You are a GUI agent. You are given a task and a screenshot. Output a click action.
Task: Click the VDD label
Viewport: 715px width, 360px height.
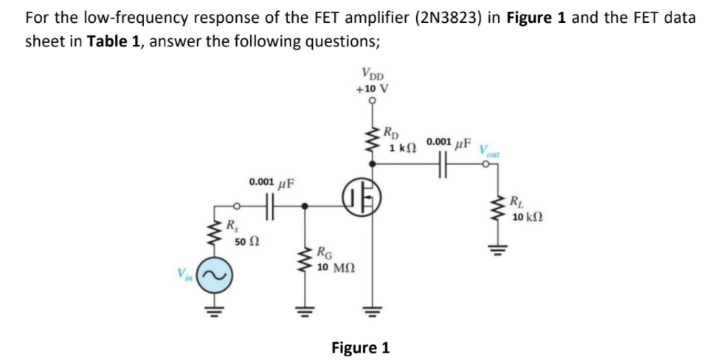(373, 74)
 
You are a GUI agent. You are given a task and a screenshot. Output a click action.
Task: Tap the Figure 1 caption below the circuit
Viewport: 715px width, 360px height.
(360, 347)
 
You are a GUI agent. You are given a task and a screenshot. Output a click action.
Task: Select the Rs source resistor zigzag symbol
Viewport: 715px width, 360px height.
(218, 234)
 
